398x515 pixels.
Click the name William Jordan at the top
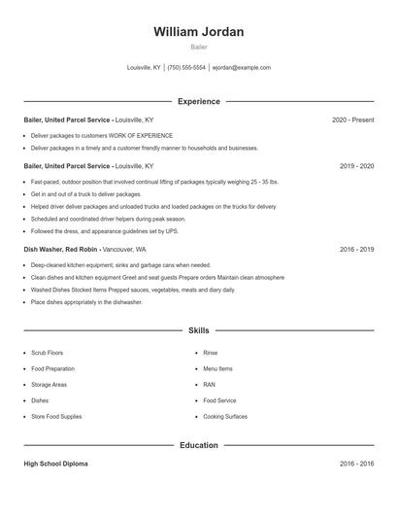pyautogui.click(x=199, y=32)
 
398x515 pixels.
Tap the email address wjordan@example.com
pyautogui.click(x=241, y=68)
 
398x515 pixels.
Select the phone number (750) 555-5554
pyautogui.click(x=186, y=68)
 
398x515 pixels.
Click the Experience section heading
pyautogui.click(x=199, y=101)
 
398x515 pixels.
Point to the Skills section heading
pyautogui.click(x=199, y=331)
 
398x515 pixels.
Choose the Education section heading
pyautogui.click(x=199, y=445)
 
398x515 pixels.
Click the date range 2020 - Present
pyautogui.click(x=352, y=120)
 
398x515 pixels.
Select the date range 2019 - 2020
pyautogui.click(x=356, y=166)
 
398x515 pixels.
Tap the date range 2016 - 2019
pyautogui.click(x=356, y=250)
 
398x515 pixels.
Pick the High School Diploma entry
pyautogui.click(x=55, y=463)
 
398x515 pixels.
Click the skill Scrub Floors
pyautogui.click(x=48, y=354)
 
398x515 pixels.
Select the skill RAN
pyautogui.click(x=209, y=385)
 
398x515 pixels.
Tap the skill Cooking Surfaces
pyautogui.click(x=224, y=416)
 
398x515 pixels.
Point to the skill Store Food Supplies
pyautogui.click(x=56, y=416)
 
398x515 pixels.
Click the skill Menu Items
pyautogui.click(x=217, y=369)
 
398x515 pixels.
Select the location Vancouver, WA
pyautogui.click(x=123, y=250)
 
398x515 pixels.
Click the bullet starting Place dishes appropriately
pyautogui.click(x=86, y=302)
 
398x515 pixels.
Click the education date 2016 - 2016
pyautogui.click(x=356, y=463)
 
